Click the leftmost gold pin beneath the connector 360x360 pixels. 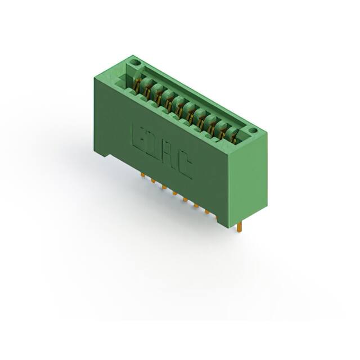tap(142, 175)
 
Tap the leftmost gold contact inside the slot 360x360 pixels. tap(138, 84)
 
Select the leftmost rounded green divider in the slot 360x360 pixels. tap(145, 85)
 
